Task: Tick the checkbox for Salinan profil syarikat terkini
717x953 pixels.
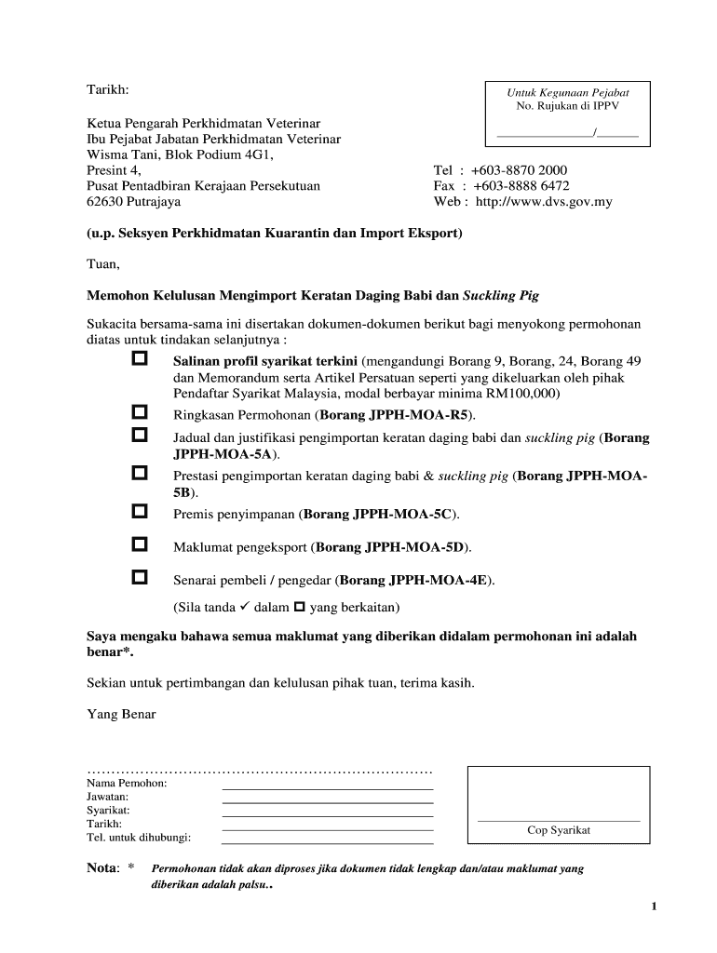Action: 140,358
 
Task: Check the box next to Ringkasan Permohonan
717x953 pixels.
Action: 140,411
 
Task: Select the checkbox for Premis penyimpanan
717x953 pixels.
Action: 140,511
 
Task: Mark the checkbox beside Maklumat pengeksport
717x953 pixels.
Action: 140,544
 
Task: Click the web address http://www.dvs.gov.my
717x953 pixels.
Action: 544,201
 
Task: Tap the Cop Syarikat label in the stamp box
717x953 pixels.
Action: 559,830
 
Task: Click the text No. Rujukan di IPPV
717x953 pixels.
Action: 567,106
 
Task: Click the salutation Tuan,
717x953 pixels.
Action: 103,264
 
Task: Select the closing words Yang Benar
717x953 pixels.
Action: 121,714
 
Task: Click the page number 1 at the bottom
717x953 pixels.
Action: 655,907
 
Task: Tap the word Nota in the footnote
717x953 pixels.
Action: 102,868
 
